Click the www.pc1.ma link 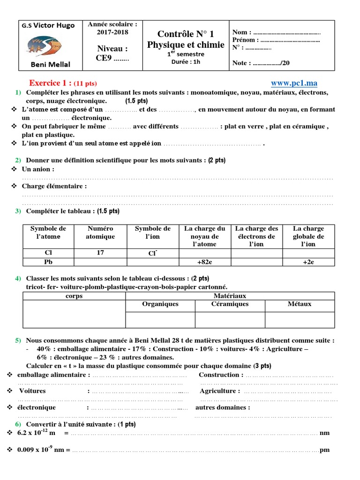(x=294, y=83)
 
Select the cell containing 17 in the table (x=100, y=253)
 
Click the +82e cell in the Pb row (x=205, y=262)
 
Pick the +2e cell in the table (x=308, y=262)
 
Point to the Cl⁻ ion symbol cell (x=153, y=253)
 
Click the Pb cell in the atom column (x=48, y=262)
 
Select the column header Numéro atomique (x=100, y=232)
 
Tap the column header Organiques (x=160, y=304)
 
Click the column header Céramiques (x=230, y=304)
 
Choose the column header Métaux (x=300, y=304)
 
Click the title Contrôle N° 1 (x=185, y=34)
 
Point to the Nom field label (x=241, y=32)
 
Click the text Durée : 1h (x=186, y=62)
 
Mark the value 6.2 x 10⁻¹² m (x=36, y=433)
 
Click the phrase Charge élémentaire (x=54, y=186)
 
